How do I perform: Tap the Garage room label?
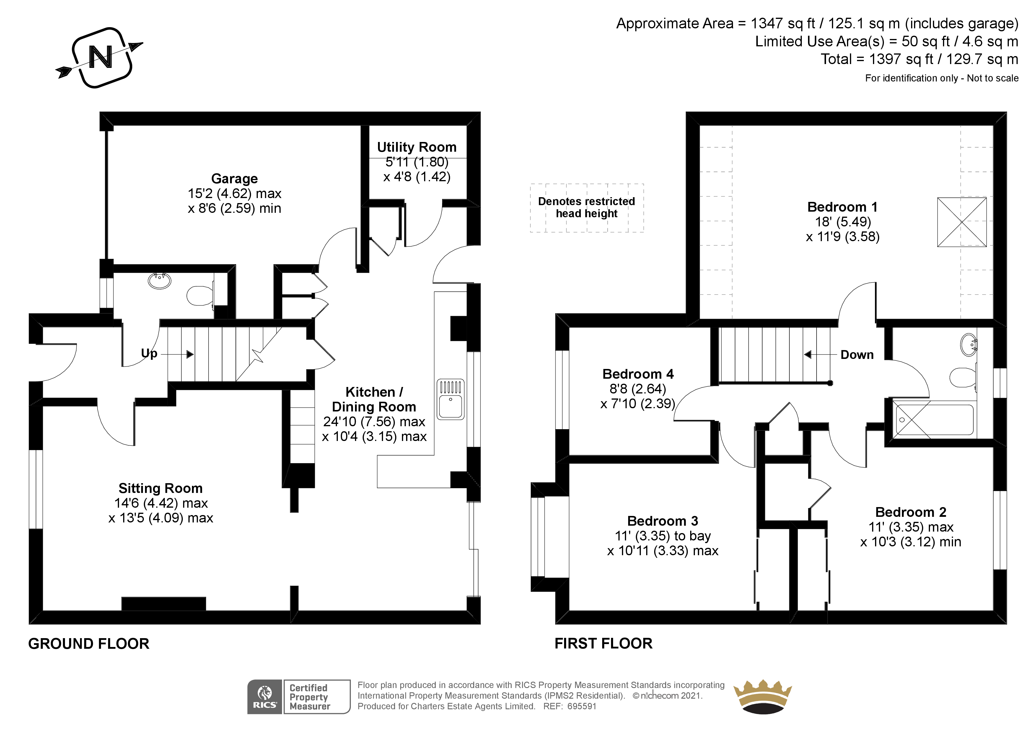[234, 179]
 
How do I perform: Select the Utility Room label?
[416, 148]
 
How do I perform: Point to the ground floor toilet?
[198, 295]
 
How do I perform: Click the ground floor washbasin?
[160, 280]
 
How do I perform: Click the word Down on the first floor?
[856, 355]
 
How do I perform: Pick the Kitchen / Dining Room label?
[374, 399]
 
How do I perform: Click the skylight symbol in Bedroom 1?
[962, 222]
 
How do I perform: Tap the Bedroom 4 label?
[638, 374]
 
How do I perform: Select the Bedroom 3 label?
[662, 521]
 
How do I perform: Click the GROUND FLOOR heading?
[88, 644]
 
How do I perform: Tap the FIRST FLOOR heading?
[603, 644]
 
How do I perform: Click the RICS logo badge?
[265, 697]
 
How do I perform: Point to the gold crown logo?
[762, 697]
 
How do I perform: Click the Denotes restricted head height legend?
[586, 207]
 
